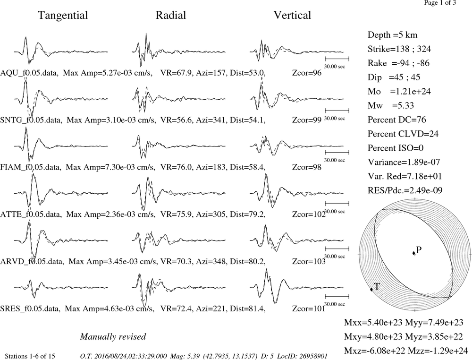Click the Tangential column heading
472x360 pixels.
[63, 16]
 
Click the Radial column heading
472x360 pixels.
[171, 15]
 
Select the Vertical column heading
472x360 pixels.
[292, 15]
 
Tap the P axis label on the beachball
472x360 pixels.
[419, 249]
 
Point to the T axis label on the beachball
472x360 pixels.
[376, 286]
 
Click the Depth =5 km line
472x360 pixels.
[392, 35]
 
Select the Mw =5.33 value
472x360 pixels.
[391, 105]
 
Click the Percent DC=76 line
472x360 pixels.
[397, 120]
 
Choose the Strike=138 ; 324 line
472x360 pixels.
[399, 49]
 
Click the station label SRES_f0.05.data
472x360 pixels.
[30, 309]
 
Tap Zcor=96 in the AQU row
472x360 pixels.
[307, 73]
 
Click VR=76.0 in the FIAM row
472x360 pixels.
[176, 167]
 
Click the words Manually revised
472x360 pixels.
[113, 336]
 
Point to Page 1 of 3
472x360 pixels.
[440, 3]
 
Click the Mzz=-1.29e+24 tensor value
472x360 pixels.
[438, 351]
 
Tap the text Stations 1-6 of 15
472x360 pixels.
[30, 356]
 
